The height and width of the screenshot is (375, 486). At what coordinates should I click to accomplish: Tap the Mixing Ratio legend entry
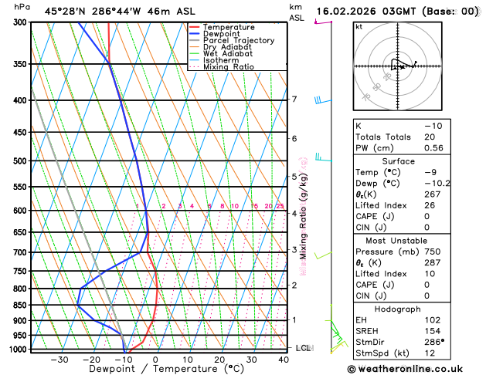point(228,67)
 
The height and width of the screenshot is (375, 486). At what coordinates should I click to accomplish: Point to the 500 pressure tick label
point(19,161)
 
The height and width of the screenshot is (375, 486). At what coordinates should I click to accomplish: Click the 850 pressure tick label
point(19,306)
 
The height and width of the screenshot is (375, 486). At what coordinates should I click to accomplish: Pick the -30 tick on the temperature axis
point(59,360)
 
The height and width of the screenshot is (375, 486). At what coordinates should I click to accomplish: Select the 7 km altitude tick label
point(294,100)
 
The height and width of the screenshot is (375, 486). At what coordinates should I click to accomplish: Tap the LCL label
point(303,348)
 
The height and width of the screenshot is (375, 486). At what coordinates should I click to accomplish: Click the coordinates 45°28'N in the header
point(66,11)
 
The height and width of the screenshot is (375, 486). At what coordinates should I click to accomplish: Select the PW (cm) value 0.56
point(433,148)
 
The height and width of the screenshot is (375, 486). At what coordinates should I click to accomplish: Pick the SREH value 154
point(431,331)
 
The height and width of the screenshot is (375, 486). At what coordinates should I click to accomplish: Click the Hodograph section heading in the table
point(397,309)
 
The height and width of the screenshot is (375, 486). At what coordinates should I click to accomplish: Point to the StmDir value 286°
point(433,343)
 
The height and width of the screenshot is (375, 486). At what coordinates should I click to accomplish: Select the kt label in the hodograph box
point(359,26)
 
